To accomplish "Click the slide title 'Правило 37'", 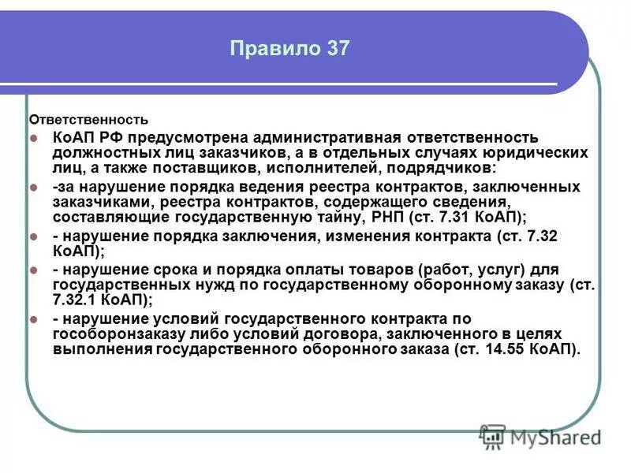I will [289, 48].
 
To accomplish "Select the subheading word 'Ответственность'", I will [88, 120].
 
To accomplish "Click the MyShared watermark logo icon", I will [493, 436].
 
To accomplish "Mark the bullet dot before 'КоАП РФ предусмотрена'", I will [35, 138].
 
